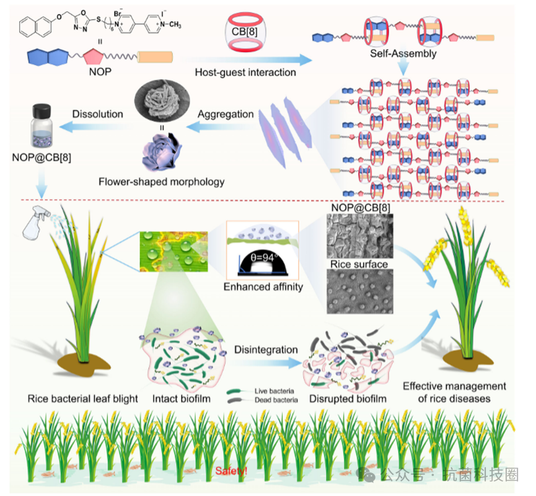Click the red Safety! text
point(231,471)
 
